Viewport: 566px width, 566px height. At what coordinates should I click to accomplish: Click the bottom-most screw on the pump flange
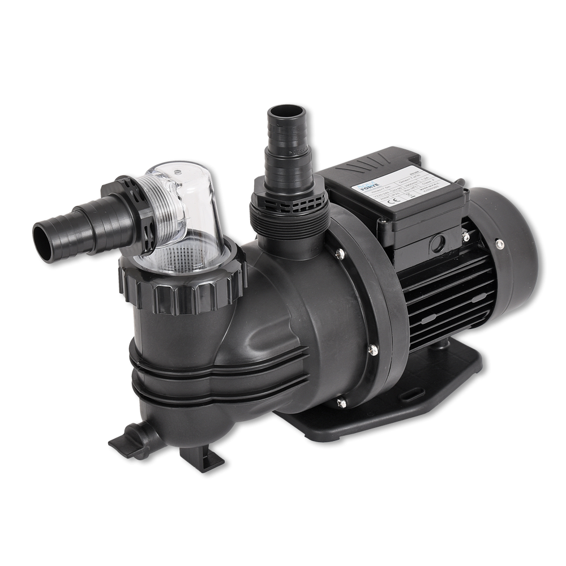click(340, 402)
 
